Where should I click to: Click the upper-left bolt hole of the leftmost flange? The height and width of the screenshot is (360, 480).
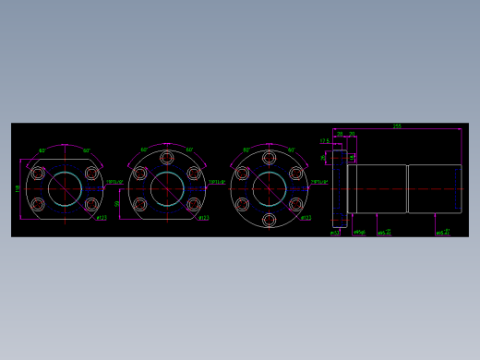tap(38, 174)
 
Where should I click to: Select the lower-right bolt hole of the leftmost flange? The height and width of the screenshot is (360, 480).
tap(91, 205)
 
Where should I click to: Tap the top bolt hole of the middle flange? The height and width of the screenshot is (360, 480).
tap(167, 158)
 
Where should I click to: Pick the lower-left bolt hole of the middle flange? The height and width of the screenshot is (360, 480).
tap(140, 205)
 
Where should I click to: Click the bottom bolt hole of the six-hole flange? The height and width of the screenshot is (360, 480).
tap(269, 220)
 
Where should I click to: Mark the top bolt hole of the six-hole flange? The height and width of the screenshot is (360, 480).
tap(269, 158)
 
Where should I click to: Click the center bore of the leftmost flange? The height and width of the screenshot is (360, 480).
tap(65, 189)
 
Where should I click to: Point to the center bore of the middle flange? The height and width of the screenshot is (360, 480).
tap(167, 189)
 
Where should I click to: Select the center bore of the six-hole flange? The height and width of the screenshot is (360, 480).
tap(269, 189)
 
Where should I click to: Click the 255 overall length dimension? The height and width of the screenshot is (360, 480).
tap(397, 126)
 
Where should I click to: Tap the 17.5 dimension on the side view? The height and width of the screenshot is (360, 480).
tap(324, 141)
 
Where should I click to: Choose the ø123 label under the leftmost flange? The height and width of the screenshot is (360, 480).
tap(101, 219)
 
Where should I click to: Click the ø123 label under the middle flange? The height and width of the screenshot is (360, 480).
tap(203, 219)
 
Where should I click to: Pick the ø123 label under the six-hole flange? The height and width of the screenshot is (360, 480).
tap(306, 219)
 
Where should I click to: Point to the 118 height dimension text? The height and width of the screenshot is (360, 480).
tap(18, 188)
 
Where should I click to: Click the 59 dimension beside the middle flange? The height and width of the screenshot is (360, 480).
tap(117, 204)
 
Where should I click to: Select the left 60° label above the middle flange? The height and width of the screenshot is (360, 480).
tap(144, 150)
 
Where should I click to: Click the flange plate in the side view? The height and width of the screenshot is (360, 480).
tap(339, 189)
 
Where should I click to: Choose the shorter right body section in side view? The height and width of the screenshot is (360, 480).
tap(435, 189)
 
